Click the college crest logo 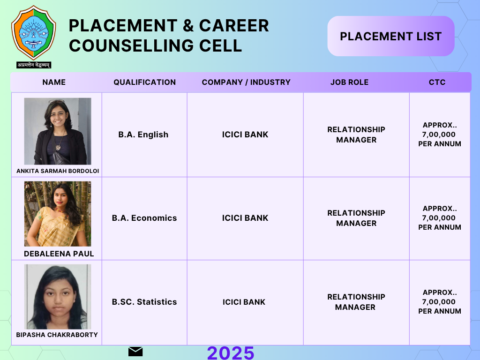click(x=34, y=33)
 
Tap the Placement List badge click(x=391, y=36)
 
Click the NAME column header click(x=54, y=82)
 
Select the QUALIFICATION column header click(x=145, y=82)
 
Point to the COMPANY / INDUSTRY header click(x=246, y=82)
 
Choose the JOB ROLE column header click(x=349, y=82)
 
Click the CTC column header click(x=437, y=82)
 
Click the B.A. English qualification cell click(x=143, y=135)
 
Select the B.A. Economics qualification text click(x=144, y=218)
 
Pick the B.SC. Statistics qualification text click(x=144, y=302)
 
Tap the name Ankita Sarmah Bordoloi click(x=58, y=171)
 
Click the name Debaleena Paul click(x=59, y=254)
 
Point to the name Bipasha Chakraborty click(x=57, y=335)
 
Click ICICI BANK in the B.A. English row click(x=245, y=135)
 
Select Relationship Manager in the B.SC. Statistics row click(x=356, y=302)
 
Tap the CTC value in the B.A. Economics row click(x=440, y=218)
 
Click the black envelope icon click(x=135, y=352)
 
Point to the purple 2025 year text click(x=231, y=352)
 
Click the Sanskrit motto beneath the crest click(x=34, y=65)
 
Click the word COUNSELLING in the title click(x=131, y=45)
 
